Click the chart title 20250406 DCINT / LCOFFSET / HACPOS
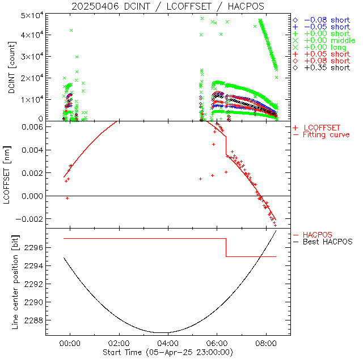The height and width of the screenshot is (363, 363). pyautogui.click(x=168, y=6)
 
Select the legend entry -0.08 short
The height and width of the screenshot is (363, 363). pyautogui.click(x=326, y=20)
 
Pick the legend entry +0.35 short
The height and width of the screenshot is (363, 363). pyautogui.click(x=326, y=67)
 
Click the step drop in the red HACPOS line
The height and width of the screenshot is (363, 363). pyautogui.click(x=226, y=247)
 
